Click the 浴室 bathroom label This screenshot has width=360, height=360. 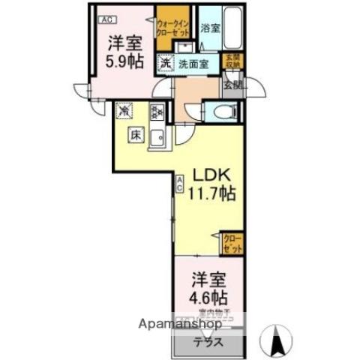(210, 29)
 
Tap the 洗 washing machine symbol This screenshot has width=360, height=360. (164, 64)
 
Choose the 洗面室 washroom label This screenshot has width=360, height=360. (193, 64)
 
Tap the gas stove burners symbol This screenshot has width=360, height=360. (158, 112)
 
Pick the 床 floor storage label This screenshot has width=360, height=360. (136, 136)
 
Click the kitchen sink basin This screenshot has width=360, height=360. (157, 137)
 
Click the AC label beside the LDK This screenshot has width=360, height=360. (180, 184)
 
